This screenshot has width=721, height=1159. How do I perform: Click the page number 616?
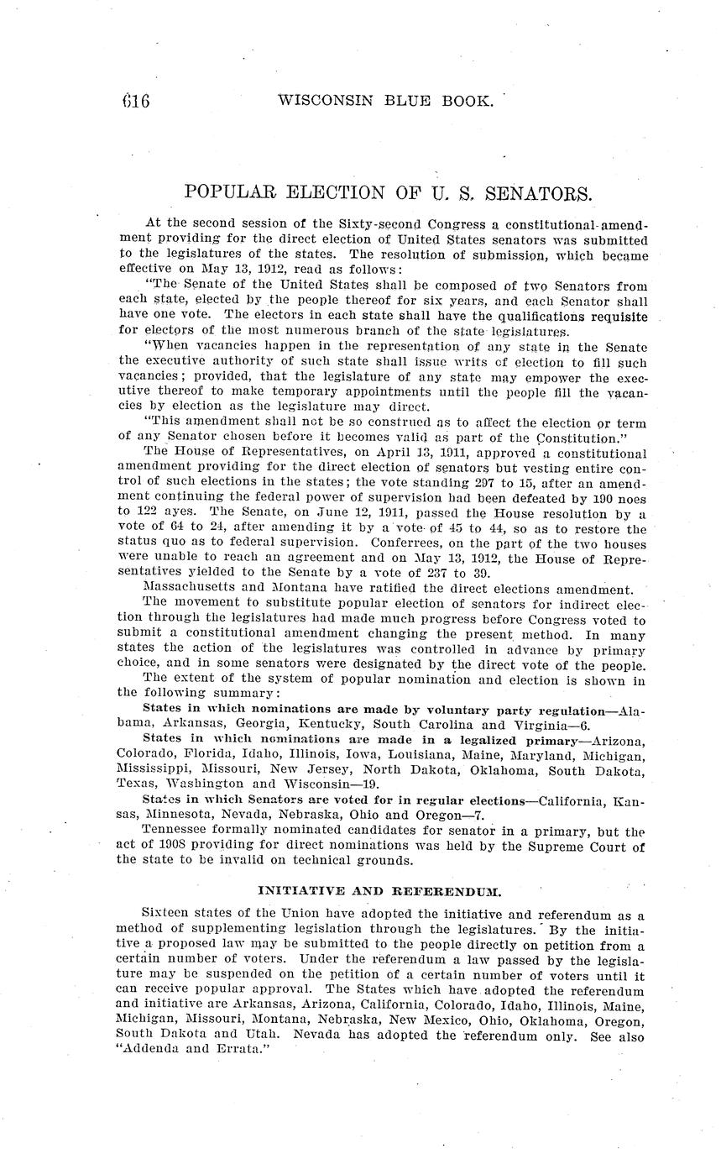[x=134, y=102]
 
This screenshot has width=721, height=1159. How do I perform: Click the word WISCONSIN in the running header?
[x=320, y=101]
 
